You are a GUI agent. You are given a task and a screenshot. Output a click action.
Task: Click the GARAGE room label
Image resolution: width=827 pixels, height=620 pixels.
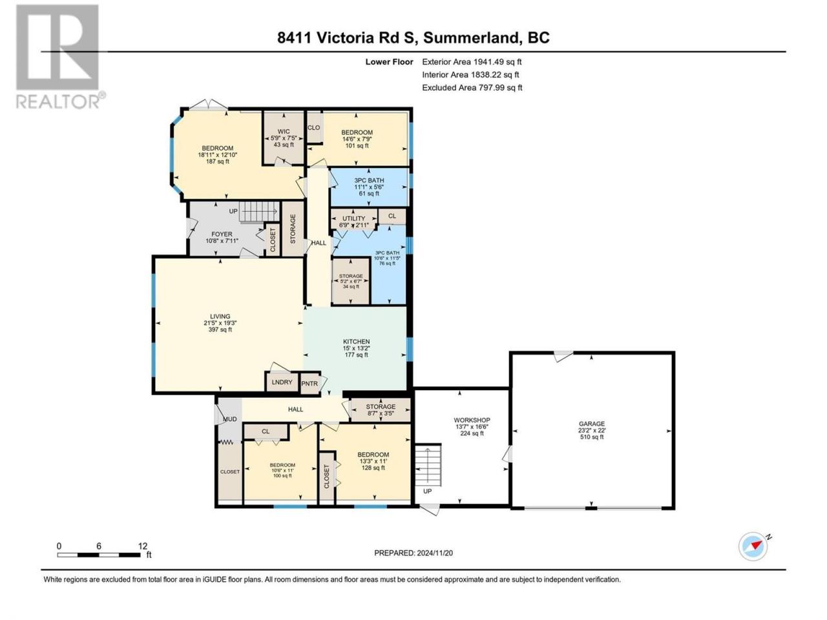[x=592, y=424]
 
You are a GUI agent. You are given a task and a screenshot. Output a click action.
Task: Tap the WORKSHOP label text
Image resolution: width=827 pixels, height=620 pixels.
[x=472, y=420]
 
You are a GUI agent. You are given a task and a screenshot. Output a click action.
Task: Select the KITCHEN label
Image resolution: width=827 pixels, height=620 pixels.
[x=356, y=342]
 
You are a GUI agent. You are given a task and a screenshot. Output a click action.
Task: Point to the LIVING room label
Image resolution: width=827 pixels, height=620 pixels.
[x=220, y=316]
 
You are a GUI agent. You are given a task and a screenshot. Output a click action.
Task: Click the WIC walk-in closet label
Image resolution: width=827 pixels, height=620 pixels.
[x=284, y=131]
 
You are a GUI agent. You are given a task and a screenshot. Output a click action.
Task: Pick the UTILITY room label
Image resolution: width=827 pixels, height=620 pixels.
[x=354, y=218]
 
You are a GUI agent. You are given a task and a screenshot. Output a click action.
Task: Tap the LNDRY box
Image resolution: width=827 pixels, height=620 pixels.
[x=282, y=382]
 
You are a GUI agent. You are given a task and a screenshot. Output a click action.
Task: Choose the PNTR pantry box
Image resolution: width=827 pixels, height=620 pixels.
[x=309, y=384]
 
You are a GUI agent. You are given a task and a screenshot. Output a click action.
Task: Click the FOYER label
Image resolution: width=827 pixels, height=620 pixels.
[x=222, y=234]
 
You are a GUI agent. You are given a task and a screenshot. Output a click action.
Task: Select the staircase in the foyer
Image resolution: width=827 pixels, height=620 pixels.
[x=260, y=212]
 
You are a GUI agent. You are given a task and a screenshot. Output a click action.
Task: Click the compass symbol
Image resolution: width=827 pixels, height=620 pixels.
[x=753, y=546]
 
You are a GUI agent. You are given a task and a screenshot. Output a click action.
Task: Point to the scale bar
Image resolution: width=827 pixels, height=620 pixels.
[x=99, y=555]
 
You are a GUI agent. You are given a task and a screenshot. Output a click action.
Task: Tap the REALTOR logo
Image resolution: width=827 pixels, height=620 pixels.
[x=60, y=56]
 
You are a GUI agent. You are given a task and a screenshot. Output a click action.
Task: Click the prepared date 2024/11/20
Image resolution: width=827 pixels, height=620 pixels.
[x=434, y=553]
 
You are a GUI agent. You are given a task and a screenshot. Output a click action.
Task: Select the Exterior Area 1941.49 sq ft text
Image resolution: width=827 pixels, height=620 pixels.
[x=472, y=62]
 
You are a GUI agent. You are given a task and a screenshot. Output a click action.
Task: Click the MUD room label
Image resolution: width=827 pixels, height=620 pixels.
[x=230, y=419]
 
